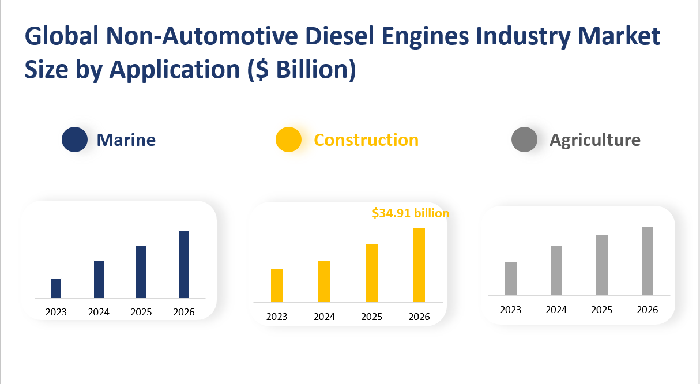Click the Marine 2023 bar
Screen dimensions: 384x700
pos(56,288)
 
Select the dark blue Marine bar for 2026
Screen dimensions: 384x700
pos(184,264)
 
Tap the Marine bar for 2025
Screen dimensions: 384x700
pos(141,272)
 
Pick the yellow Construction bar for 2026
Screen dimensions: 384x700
pos(419,265)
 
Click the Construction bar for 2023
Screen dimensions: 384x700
pos(277,285)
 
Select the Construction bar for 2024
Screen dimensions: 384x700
pos(324,281)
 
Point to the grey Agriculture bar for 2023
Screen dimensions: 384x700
pos(511,278)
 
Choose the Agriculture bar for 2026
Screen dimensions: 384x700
pos(648,261)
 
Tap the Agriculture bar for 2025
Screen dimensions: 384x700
pos(602,265)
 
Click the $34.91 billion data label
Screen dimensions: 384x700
pos(410,213)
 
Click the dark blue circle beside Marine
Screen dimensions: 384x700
pos(74,140)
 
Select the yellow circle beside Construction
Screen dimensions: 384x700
pos(288,140)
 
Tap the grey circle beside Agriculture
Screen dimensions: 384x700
pos(524,140)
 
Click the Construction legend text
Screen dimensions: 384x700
pos(366,140)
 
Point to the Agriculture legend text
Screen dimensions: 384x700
pos(594,140)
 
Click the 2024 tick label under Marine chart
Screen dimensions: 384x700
pos(99,313)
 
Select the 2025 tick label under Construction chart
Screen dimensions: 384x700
pos(372,317)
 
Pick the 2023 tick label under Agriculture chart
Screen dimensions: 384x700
pos(511,310)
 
